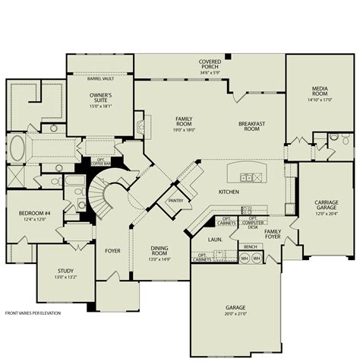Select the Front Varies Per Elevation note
[x=34, y=313]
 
